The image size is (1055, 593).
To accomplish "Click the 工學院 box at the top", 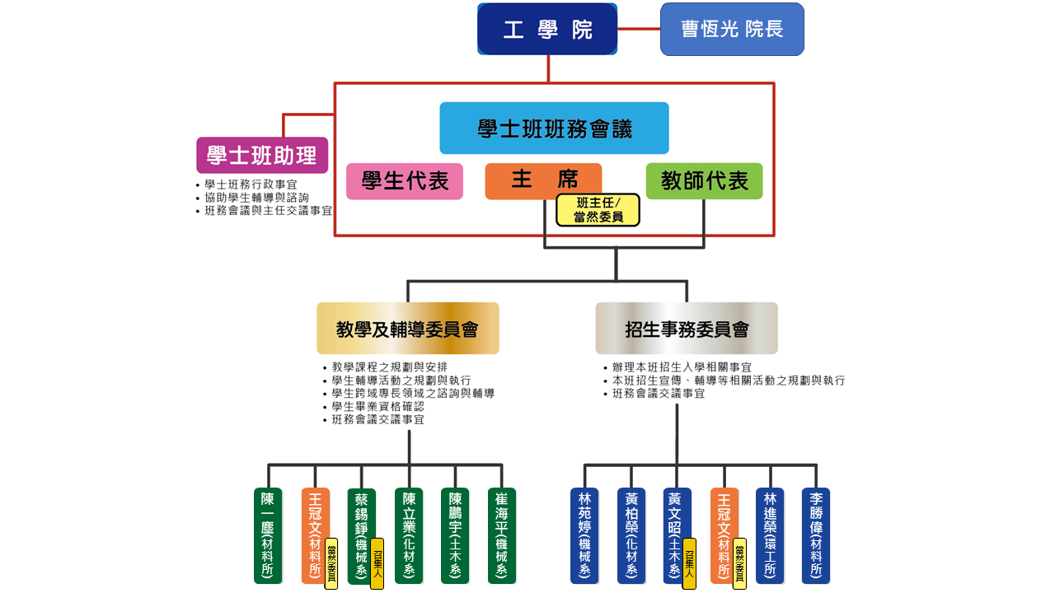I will point(547,30).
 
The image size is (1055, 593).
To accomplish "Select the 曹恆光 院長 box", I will point(732,30).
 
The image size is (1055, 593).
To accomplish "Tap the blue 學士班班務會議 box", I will point(554,128).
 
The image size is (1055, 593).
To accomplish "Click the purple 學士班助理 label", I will point(262,155).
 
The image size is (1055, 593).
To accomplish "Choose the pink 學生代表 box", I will point(405,181).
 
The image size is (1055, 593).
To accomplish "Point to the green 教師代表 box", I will point(704,181).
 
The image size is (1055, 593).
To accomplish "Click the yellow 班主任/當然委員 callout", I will point(598,210).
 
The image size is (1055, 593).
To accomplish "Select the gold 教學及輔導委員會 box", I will point(408,329).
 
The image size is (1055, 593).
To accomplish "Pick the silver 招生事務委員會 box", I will point(687,329).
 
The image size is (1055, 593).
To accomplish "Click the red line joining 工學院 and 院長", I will point(639,29).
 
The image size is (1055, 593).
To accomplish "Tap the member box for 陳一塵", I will point(268,535).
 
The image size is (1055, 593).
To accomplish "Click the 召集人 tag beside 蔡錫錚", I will point(377,563).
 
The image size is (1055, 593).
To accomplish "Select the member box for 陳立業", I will point(409,535).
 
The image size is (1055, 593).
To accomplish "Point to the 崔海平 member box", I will point(502,535).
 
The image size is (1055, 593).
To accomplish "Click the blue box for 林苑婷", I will point(584,535).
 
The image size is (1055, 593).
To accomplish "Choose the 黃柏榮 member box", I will point(631,535).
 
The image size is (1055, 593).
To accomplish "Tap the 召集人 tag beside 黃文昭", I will point(689,563).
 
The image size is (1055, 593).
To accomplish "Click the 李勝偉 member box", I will point(816,535).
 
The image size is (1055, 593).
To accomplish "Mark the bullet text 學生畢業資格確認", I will point(377,407).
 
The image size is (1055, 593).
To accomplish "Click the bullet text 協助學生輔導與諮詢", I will point(256,198).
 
